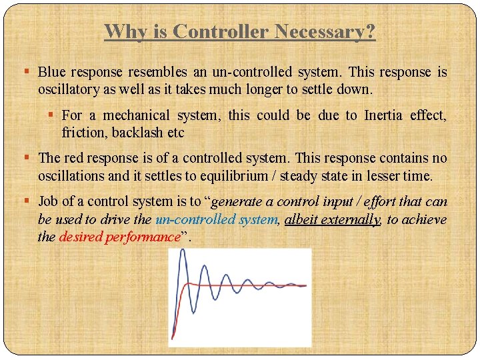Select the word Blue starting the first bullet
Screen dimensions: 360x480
[x=51, y=72]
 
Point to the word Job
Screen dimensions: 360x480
[x=48, y=202]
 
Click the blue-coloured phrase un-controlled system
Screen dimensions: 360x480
[x=215, y=219]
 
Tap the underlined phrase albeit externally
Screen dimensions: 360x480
[x=332, y=219]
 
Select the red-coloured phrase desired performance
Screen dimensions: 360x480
[x=119, y=237]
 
